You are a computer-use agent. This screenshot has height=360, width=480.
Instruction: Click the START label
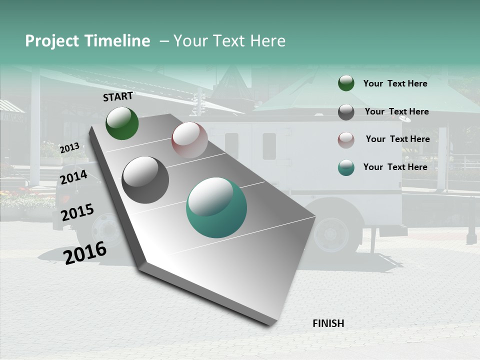click(x=118, y=96)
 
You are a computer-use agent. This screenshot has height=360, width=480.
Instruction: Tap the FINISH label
click(x=328, y=323)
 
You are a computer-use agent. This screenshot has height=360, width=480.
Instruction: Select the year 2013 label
click(x=69, y=147)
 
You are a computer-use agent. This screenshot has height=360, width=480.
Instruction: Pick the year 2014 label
click(x=73, y=177)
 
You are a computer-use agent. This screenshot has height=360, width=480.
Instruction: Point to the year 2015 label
click(x=77, y=212)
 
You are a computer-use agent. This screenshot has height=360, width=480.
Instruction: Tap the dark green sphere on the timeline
click(x=122, y=123)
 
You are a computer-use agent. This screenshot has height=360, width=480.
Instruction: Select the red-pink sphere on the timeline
click(x=189, y=140)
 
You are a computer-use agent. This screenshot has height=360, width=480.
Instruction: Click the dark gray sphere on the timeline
click(x=145, y=180)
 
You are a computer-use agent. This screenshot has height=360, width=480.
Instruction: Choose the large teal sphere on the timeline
click(x=216, y=207)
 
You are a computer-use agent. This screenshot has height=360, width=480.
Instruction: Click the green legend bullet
click(x=346, y=83)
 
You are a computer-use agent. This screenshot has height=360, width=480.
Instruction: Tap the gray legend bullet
click(x=346, y=112)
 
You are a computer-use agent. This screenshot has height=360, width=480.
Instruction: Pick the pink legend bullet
click(x=346, y=139)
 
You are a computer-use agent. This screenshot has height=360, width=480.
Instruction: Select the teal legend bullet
click(x=346, y=167)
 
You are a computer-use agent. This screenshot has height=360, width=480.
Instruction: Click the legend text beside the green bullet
click(x=395, y=83)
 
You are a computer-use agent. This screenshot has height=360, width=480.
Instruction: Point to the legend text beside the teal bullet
click(x=395, y=167)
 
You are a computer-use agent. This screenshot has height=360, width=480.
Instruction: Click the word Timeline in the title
click(x=117, y=41)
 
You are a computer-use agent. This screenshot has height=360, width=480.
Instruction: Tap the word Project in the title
click(x=52, y=41)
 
